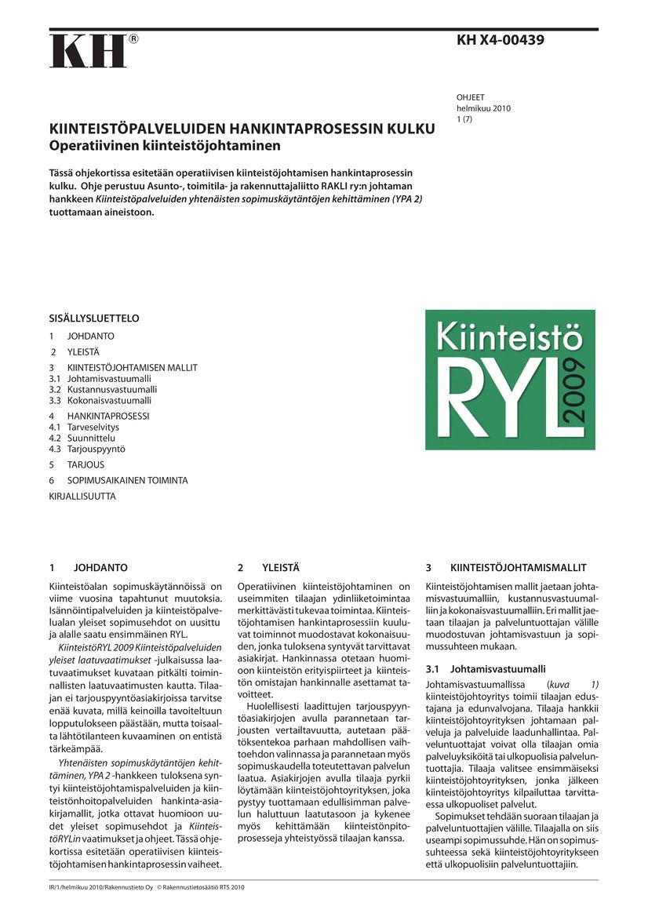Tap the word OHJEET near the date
(x=471, y=98)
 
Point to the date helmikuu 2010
(x=483, y=108)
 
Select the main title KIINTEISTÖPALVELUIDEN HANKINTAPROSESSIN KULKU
(x=242, y=129)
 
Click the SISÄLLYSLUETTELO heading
(x=94, y=318)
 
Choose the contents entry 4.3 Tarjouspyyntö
(x=87, y=449)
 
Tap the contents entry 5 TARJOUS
(x=77, y=464)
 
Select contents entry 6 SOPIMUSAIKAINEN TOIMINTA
(x=118, y=480)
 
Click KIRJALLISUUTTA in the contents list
(x=82, y=496)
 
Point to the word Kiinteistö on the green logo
(x=509, y=338)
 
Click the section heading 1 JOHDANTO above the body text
(x=88, y=567)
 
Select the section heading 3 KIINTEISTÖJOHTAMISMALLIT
(x=506, y=567)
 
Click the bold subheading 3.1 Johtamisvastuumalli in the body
(x=485, y=669)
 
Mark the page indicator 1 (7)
(x=466, y=119)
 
